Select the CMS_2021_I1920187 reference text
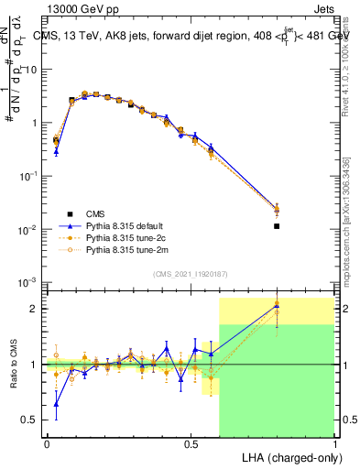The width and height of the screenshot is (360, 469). (x=191, y=274)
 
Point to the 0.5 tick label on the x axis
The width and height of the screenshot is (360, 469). (x=191, y=442)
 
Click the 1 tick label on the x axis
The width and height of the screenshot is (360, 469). (x=334, y=442)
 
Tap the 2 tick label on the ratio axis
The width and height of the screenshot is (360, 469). (x=36, y=309)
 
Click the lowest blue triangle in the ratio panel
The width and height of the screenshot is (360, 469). (x=56, y=404)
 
